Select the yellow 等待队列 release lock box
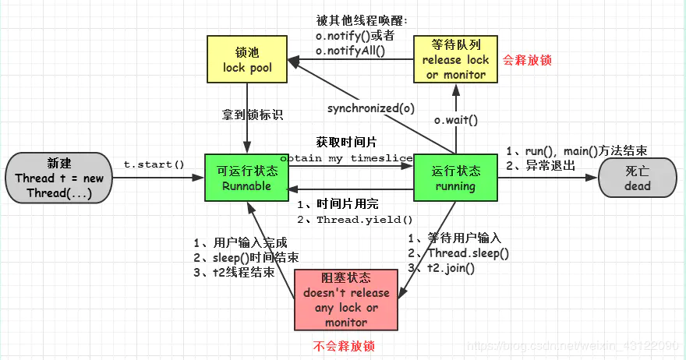click(455, 59)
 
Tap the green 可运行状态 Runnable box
click(246, 178)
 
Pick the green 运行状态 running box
click(455, 178)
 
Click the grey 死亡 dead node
click(636, 178)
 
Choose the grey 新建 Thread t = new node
click(58, 178)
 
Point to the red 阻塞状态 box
click(345, 300)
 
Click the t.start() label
click(154, 164)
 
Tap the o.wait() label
click(455, 120)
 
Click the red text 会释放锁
click(528, 59)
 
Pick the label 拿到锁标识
click(251, 115)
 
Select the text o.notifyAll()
click(350, 51)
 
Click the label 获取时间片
click(346, 143)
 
